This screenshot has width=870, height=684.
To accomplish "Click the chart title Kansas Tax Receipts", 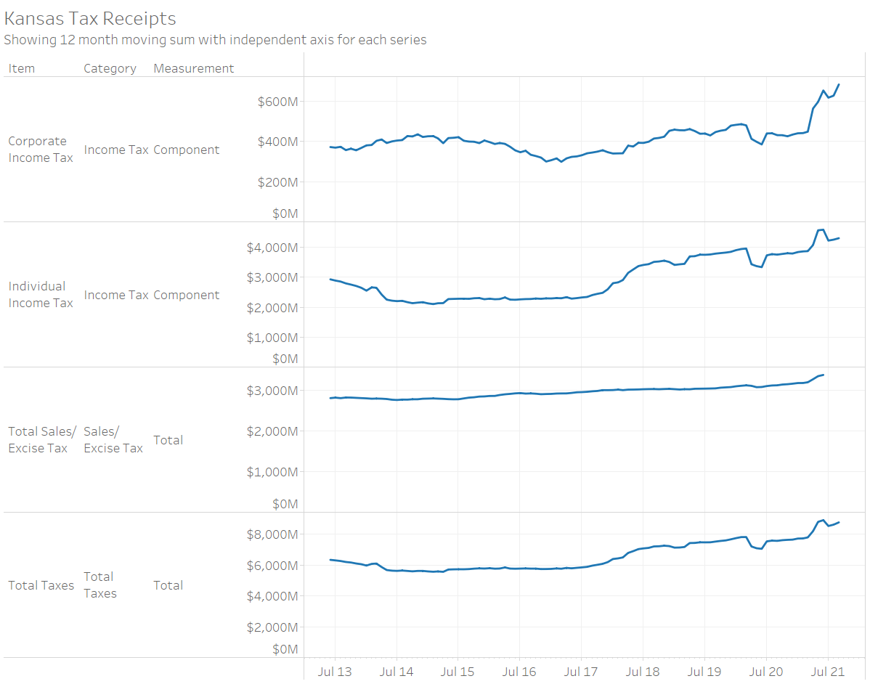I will [x=90, y=18].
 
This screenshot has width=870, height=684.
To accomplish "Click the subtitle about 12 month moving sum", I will [x=215, y=40].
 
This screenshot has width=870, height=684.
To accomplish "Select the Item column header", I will [x=22, y=68].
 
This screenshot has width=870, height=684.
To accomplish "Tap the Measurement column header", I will [x=193, y=68].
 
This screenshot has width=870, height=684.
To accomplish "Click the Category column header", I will [x=110, y=68].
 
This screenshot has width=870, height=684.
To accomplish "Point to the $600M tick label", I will [x=277, y=101].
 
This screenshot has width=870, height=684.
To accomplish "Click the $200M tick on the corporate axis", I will [x=277, y=182].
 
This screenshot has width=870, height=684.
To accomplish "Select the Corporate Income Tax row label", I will [x=41, y=150].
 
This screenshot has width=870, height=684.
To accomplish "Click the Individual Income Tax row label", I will [x=41, y=295].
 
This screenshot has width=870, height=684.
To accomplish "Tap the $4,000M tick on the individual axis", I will [x=272, y=248].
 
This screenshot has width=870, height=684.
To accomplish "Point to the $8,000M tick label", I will [x=272, y=534].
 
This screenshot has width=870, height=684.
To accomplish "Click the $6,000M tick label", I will [x=272, y=565].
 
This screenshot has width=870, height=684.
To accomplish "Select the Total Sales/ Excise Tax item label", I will [x=42, y=440].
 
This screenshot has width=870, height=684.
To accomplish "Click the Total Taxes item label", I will [x=41, y=585].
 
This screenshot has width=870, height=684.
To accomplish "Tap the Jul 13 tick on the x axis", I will [x=336, y=672].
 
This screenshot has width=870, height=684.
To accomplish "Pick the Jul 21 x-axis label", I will [x=828, y=672].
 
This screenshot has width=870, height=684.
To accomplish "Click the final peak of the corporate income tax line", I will [x=839, y=84].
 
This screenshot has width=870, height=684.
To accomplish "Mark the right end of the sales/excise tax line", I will [x=823, y=375].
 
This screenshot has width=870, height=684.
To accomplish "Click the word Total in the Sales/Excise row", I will [x=168, y=440].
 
